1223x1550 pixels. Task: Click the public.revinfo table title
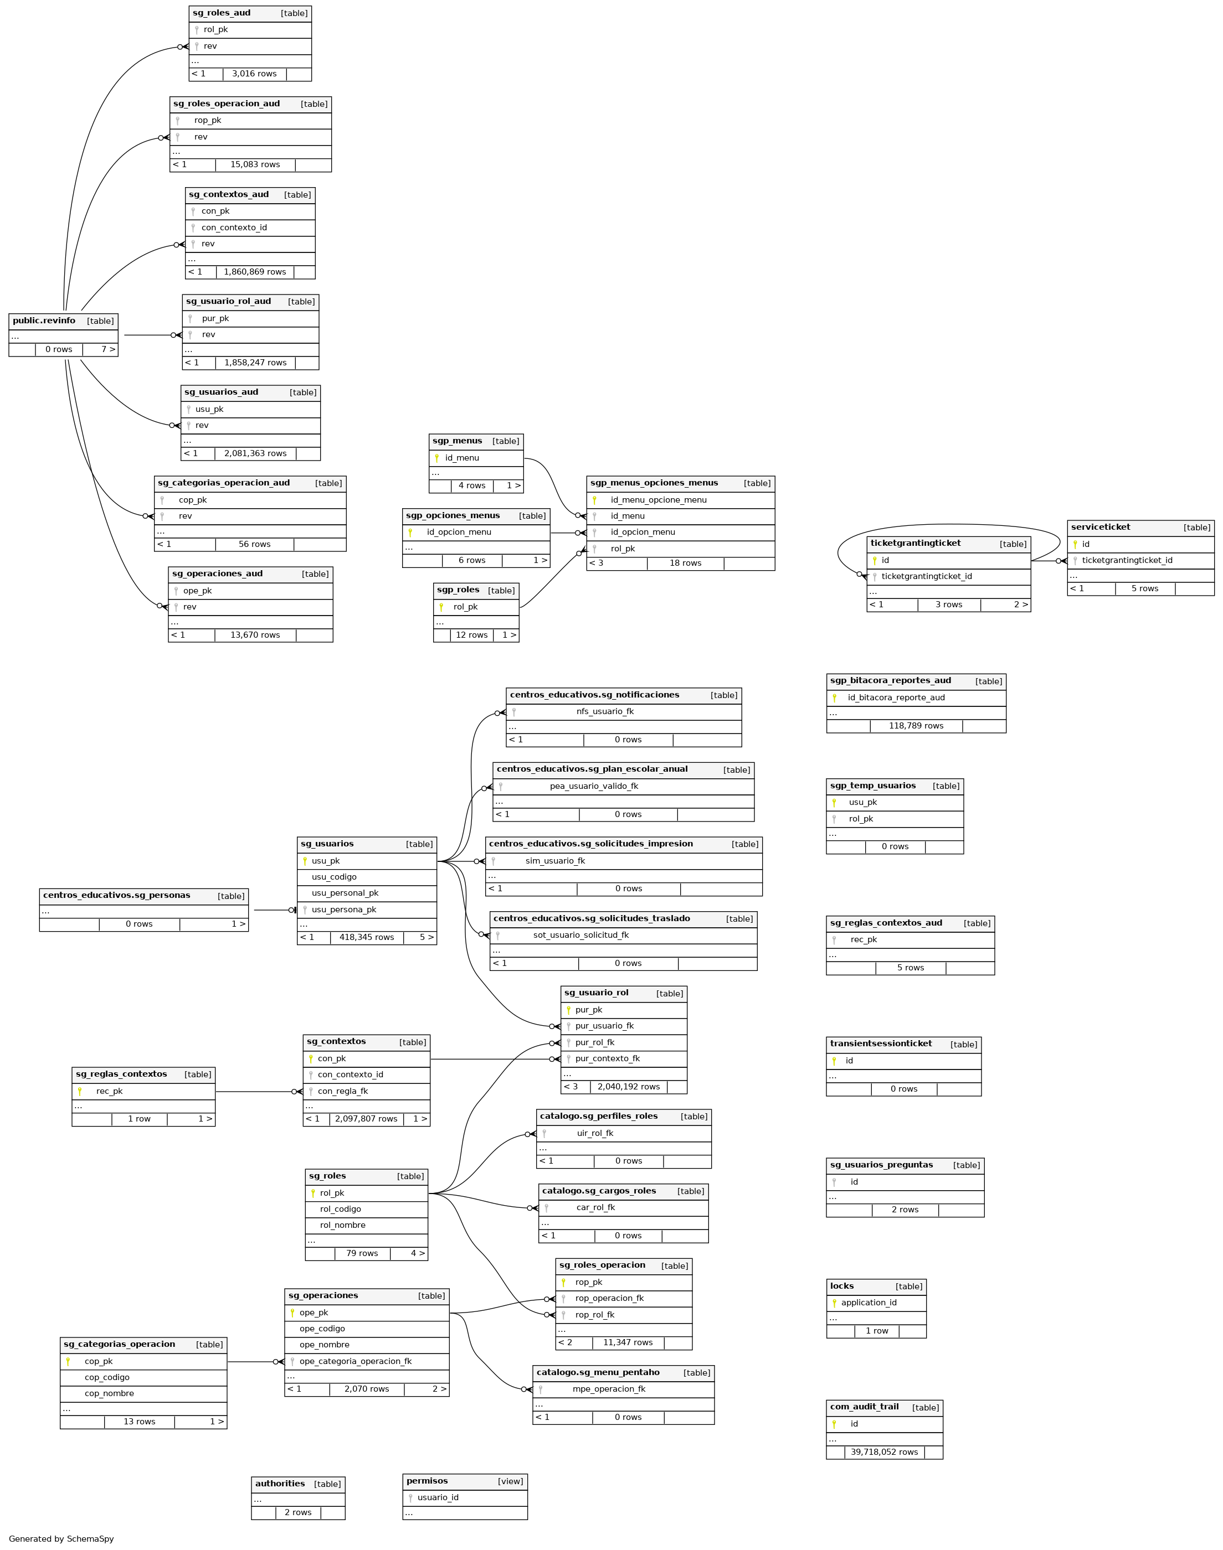pyautogui.click(x=44, y=321)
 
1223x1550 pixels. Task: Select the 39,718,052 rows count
pyautogui.click(x=885, y=1452)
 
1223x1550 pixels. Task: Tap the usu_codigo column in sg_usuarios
pyautogui.click(x=333, y=877)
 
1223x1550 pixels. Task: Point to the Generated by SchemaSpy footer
pyautogui.click(x=61, y=1538)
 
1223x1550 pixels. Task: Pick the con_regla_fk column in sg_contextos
pyautogui.click(x=343, y=1091)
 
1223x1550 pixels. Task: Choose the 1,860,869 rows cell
pyautogui.click(x=255, y=272)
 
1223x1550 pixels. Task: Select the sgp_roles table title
pyautogui.click(x=458, y=590)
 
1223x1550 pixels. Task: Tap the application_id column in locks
pyautogui.click(x=869, y=1303)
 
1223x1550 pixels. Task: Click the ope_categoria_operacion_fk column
pyautogui.click(x=356, y=1361)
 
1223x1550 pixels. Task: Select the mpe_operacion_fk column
pyautogui.click(x=609, y=1389)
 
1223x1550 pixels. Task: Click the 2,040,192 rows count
pyautogui.click(x=629, y=1086)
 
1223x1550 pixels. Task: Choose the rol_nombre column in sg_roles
pyautogui.click(x=342, y=1225)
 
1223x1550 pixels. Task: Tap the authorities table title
pyautogui.click(x=280, y=1484)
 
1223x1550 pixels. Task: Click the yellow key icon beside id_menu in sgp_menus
pyautogui.click(x=437, y=458)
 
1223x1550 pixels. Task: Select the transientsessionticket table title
pyautogui.click(x=881, y=1043)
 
